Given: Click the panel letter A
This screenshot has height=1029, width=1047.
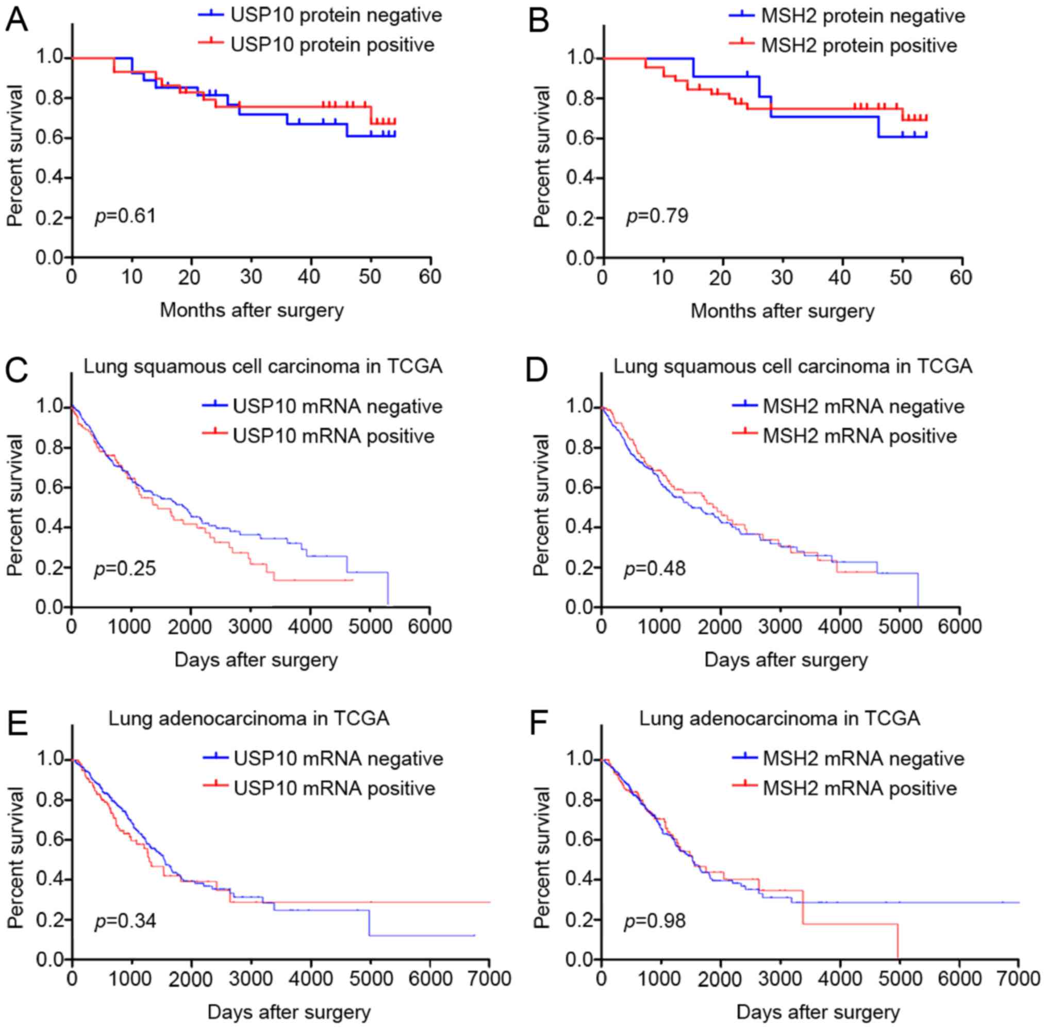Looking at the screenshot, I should click(x=16, y=21).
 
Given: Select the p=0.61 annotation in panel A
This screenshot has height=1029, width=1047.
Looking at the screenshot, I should click(x=125, y=216).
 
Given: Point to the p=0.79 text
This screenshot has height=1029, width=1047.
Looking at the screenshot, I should click(x=657, y=216).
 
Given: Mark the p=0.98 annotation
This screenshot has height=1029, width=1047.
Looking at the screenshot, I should click(x=655, y=920).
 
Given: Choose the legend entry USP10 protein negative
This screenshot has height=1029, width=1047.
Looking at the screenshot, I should click(x=336, y=15).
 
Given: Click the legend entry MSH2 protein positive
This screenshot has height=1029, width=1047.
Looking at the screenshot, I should click(x=859, y=45).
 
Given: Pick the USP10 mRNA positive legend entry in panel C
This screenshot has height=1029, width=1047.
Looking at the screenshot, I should click(x=333, y=436).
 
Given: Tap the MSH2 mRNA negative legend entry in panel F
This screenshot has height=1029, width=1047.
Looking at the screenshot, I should click(x=863, y=758).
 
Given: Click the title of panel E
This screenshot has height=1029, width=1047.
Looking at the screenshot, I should click(x=249, y=718).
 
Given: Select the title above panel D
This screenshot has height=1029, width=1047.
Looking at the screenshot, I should click(x=792, y=367).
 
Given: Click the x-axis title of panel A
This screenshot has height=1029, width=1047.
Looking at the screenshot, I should click(x=252, y=310).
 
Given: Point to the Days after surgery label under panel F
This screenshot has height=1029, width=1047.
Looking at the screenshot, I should click(x=818, y=1013).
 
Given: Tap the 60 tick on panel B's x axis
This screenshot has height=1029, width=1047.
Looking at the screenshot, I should click(x=960, y=277).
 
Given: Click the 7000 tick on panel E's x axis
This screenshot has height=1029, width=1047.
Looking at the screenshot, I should click(x=489, y=978).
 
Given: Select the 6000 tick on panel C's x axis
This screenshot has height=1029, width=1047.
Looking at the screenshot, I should click(x=430, y=627).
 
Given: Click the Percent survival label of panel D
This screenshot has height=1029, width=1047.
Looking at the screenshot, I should click(x=542, y=505).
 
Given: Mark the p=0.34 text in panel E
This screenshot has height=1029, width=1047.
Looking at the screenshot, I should click(x=125, y=920).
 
